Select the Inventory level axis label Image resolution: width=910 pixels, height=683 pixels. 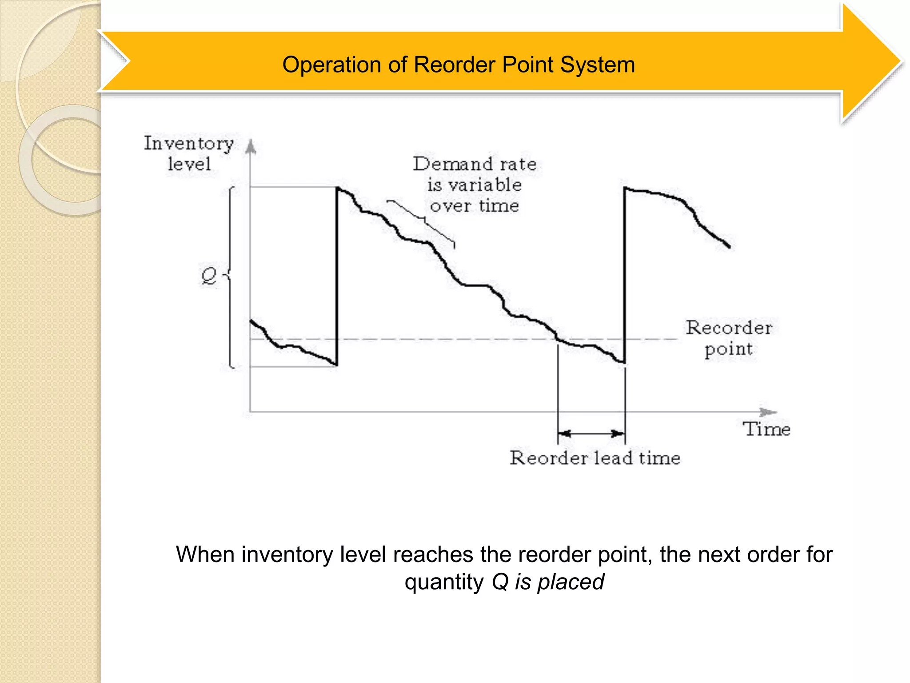[189, 153]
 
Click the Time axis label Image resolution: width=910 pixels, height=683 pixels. [766, 429]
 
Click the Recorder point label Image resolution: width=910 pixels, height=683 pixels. [729, 338]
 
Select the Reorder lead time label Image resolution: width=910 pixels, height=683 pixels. [595, 458]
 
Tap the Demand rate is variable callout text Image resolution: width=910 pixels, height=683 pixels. [475, 185]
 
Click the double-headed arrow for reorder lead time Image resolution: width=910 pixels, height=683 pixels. [591, 434]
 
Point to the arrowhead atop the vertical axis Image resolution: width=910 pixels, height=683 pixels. [251, 146]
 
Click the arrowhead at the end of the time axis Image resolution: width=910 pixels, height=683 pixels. [768, 412]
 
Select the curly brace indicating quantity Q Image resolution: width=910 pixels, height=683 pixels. [231, 277]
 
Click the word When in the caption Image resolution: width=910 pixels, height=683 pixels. [205, 554]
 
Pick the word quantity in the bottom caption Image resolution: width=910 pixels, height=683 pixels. [444, 582]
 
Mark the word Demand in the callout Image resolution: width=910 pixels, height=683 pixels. [453, 164]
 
